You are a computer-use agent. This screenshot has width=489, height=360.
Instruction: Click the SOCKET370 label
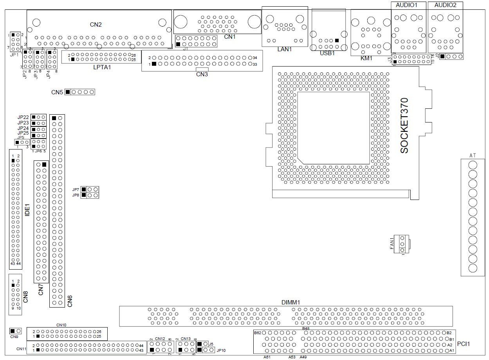click(x=404, y=125)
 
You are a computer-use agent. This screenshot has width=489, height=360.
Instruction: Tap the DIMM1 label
click(x=291, y=302)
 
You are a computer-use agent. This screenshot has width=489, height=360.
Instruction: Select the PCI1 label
click(x=463, y=344)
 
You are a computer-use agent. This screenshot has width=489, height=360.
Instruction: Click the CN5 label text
click(x=57, y=92)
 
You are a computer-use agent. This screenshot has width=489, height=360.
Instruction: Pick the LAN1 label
click(x=285, y=49)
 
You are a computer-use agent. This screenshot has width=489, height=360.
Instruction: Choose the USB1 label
click(x=327, y=53)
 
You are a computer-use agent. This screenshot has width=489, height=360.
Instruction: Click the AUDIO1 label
click(x=407, y=5)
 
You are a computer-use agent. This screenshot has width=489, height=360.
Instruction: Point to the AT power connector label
click(x=473, y=155)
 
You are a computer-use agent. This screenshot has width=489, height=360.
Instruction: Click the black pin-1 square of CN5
click(x=68, y=92)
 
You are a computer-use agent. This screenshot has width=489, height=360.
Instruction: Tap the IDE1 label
click(x=27, y=210)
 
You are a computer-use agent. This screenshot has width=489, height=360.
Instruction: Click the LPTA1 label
click(x=103, y=67)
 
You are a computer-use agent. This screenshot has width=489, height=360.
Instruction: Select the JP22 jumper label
click(x=23, y=117)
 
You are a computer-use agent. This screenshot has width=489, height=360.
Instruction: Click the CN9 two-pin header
click(x=16, y=331)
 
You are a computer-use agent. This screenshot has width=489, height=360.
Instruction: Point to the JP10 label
click(x=222, y=350)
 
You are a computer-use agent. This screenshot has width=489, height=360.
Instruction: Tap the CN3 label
click(x=202, y=74)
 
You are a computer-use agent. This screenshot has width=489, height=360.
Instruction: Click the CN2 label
click(x=96, y=25)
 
